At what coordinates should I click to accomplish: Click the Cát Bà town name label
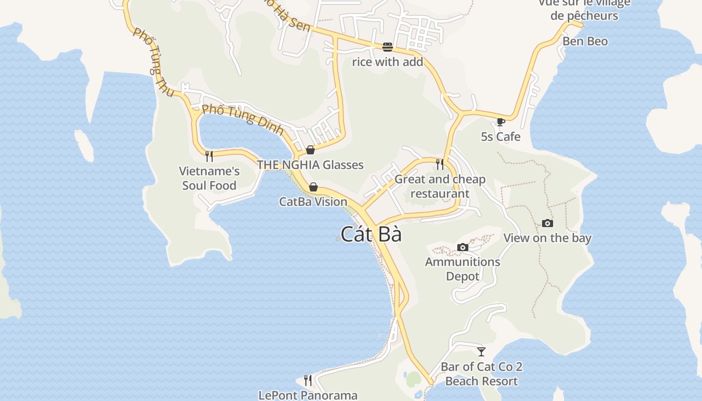[371, 234]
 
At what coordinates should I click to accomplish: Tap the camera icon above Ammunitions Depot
[463, 247]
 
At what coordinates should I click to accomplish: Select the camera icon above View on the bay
[548, 223]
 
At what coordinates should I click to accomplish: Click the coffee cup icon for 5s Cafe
[500, 122]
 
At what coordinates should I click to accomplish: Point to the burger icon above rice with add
[388, 47]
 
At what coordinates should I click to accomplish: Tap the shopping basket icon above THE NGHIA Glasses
[310, 150]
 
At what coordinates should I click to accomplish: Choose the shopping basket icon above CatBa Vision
[313, 187]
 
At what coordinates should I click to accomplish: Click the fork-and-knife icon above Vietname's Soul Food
[209, 156]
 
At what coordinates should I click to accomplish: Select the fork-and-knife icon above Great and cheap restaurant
[440, 164]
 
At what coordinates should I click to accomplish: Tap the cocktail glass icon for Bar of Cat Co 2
[481, 351]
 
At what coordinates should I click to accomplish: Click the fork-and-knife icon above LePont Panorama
[308, 380]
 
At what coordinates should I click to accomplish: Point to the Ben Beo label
[585, 41]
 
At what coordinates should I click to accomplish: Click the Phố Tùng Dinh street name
[243, 119]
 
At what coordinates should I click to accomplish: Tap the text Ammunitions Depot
[462, 269]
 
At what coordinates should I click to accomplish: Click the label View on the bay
[548, 238]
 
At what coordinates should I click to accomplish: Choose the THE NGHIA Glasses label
[310, 164]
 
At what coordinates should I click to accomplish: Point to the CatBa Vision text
[313, 202]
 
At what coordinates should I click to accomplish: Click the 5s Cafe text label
[500, 136]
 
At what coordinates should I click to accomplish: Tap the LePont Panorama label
[308, 395]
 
